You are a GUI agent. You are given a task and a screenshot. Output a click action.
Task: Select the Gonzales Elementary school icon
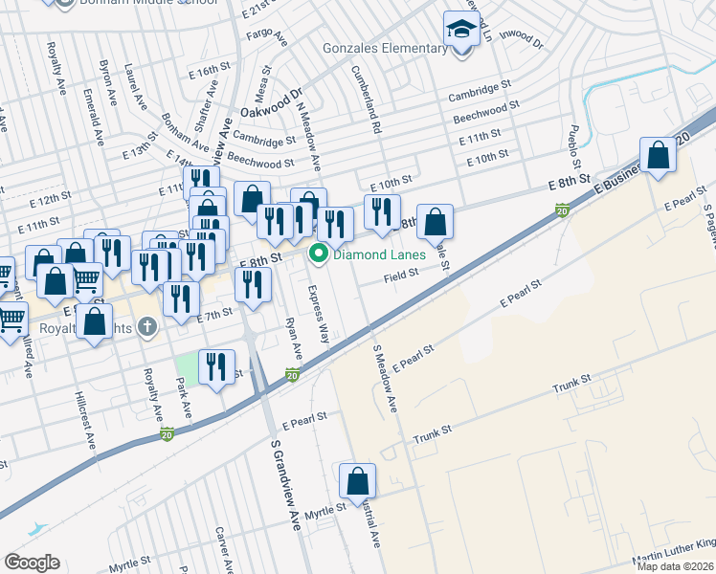461,31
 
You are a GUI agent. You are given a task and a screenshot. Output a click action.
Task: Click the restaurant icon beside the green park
217,367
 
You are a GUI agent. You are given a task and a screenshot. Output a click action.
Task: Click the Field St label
402,276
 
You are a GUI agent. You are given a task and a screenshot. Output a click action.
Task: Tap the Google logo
32,563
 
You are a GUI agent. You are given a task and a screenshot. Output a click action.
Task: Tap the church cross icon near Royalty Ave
146,328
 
